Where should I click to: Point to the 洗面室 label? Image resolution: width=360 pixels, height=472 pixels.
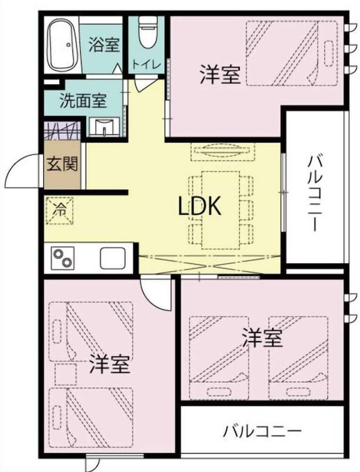tap(83, 100)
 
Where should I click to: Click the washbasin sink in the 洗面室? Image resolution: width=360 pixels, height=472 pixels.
tap(104, 127)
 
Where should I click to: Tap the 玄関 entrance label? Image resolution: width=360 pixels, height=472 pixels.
tap(63, 164)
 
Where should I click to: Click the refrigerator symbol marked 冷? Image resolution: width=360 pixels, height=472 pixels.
tap(59, 211)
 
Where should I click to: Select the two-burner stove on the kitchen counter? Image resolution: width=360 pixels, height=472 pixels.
tap(63, 258)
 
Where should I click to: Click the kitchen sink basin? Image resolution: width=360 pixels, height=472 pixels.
tap(112, 258)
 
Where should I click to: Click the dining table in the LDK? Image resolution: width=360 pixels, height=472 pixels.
tap(221, 210)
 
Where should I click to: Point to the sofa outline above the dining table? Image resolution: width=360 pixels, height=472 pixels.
tap(223, 152)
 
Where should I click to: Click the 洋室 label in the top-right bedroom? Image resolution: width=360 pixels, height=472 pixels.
tap(220, 75)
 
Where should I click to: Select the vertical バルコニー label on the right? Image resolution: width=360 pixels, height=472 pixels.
tap(315, 194)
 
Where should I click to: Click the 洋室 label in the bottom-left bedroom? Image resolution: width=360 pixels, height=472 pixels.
tap(110, 363)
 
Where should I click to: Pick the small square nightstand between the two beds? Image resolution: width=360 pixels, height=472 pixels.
tap(66, 374)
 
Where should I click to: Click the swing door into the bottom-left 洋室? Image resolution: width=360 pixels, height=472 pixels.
tap(156, 293)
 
